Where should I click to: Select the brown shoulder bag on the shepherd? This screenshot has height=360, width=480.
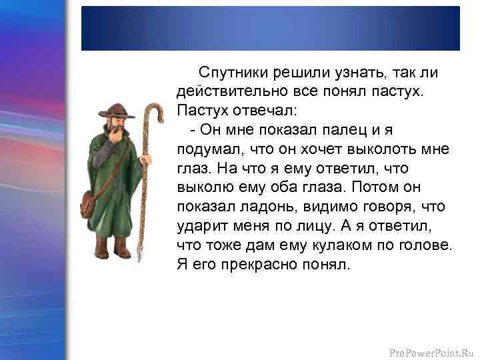pyautogui.click(x=87, y=203)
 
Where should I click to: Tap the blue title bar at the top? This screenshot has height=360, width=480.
pyautogui.click(x=270, y=28)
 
